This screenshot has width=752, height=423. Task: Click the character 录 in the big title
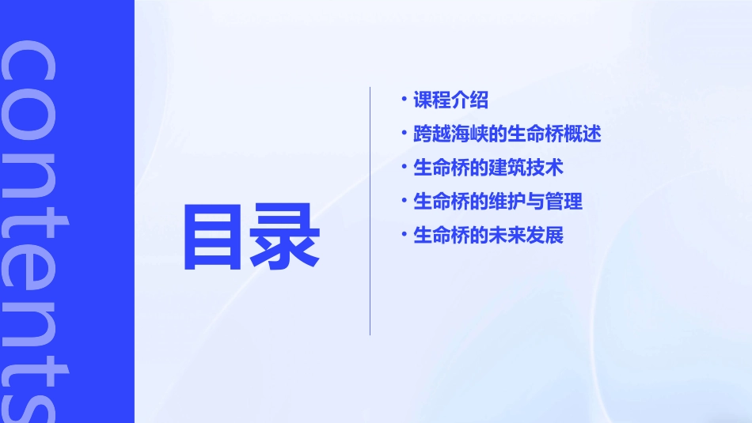click(286, 236)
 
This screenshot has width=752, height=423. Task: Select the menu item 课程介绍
click(450, 100)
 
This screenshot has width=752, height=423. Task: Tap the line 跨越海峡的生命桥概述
click(507, 134)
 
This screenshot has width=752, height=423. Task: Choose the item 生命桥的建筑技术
click(488, 168)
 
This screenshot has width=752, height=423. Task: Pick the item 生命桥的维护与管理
click(498, 202)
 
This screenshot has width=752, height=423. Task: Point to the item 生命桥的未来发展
click(488, 236)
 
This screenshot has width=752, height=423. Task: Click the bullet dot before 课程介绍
click(404, 99)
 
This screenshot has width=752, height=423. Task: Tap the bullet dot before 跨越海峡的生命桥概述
click(404, 133)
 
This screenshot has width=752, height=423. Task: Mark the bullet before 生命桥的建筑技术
click(404, 167)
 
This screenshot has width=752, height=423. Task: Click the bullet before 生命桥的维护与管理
click(404, 200)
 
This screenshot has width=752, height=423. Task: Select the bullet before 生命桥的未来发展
click(404, 234)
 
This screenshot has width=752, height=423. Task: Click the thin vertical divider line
click(370, 211)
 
